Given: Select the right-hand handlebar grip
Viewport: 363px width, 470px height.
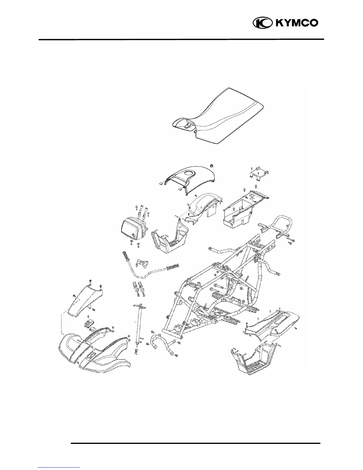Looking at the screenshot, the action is (174, 266).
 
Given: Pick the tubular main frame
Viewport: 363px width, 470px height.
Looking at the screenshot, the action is (219, 285).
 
